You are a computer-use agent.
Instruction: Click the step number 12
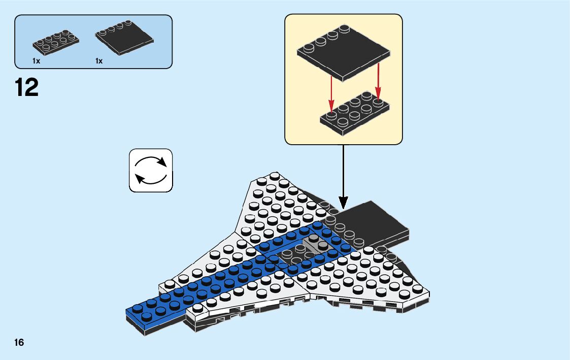pos(27,87)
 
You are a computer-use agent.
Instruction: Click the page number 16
pos(19,342)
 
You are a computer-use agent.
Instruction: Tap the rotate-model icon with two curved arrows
pos(151,170)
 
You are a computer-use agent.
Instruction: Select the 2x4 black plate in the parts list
pos(56,42)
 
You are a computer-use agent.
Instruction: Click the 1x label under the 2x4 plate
pos(36,61)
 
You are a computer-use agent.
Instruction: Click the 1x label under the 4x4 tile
pos(99,61)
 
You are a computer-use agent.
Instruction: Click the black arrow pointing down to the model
pos(343,178)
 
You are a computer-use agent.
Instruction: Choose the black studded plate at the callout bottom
pos(355,114)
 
